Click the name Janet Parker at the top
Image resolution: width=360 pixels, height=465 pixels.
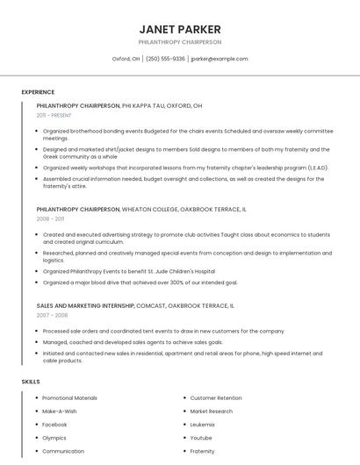pos(180,29)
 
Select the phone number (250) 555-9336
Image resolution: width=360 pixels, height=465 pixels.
pos(165,59)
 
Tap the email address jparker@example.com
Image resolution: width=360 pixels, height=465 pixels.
pos(220,59)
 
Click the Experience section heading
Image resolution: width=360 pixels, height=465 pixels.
pos(38,92)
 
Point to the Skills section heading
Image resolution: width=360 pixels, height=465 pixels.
pos(31,382)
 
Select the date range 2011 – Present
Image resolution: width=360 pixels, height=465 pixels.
pos(54,115)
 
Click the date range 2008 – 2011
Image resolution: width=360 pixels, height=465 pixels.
pos(50,219)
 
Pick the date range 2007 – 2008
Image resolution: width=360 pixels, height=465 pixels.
pos(52,315)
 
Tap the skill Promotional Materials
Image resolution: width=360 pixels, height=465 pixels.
pos(69,398)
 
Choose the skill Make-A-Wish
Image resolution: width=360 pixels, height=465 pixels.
pos(60,411)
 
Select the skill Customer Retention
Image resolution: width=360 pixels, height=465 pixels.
pos(216,398)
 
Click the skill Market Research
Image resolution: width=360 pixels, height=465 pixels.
pos(212,411)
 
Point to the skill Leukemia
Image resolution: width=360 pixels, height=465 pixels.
pos(202,424)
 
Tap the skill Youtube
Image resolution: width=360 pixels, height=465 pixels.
pos(201,438)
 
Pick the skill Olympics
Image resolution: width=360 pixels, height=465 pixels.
pos(54,438)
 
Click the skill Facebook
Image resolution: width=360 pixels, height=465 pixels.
pos(54,424)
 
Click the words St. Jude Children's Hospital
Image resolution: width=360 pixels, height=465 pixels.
pos(181,272)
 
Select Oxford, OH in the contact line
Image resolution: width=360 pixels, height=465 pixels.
pos(126,59)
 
